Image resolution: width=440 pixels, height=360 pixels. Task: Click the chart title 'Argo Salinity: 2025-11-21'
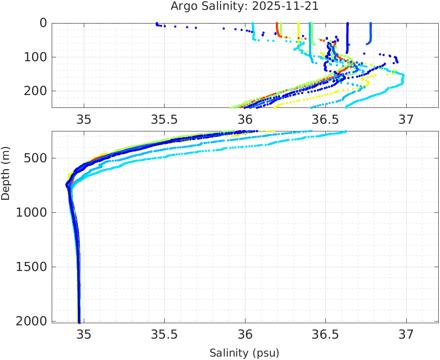click(x=244, y=6)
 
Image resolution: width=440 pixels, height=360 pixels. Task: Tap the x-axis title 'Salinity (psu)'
click(x=244, y=353)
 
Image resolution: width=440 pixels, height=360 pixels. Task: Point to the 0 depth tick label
click(x=43, y=23)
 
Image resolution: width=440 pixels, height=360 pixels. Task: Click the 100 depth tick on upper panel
click(x=35, y=57)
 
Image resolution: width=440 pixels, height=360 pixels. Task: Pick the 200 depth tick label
click(x=35, y=91)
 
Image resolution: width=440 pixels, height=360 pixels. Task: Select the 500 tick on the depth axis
click(x=35, y=158)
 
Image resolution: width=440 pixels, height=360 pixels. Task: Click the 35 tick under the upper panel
click(x=84, y=118)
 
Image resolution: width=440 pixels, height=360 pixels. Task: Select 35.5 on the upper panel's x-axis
click(x=164, y=118)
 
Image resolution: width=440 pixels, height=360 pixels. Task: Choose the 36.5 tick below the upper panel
click(x=325, y=118)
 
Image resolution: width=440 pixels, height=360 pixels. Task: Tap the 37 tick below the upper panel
click(x=406, y=118)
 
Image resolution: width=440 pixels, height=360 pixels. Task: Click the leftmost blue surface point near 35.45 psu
click(x=157, y=24)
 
